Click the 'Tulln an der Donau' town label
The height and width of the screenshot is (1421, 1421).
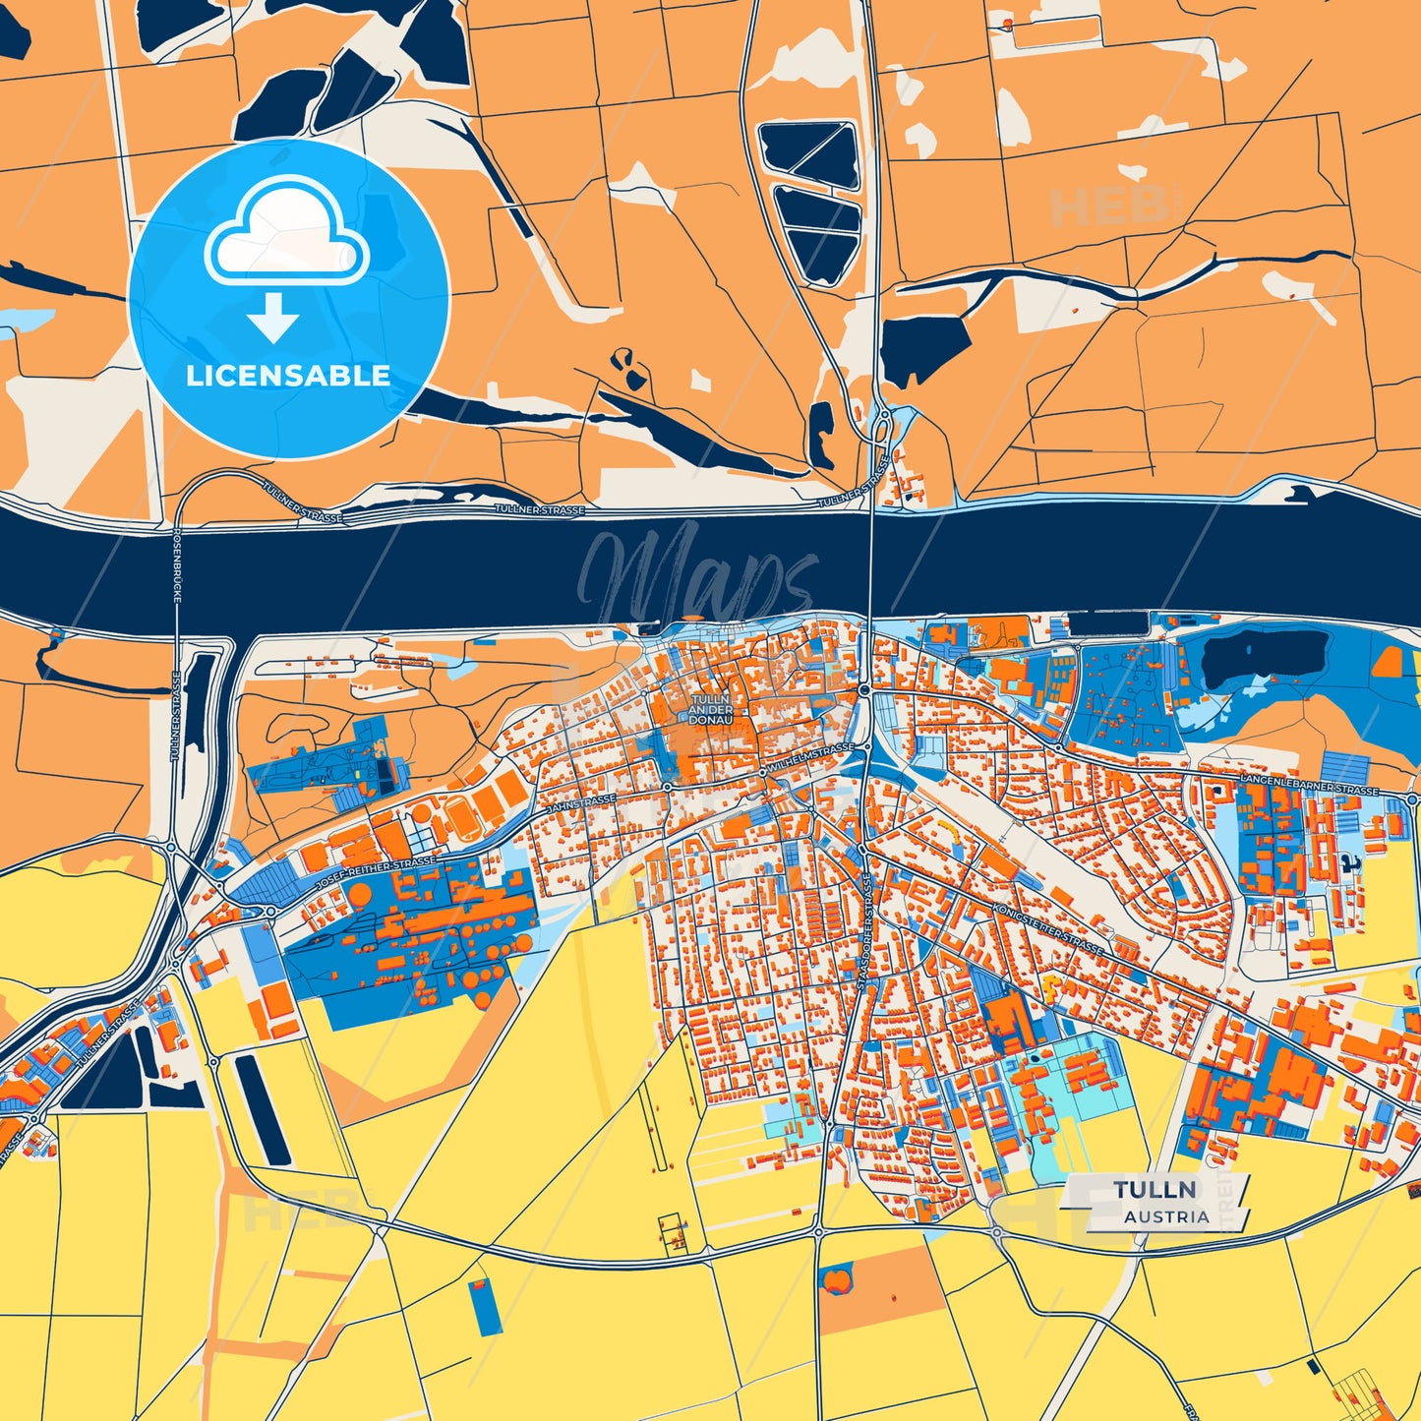(x=710, y=708)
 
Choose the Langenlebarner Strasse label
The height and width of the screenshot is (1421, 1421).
(x=1309, y=784)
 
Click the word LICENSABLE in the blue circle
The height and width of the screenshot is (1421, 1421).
(x=288, y=376)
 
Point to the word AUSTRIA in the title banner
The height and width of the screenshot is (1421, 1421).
(x=1166, y=1216)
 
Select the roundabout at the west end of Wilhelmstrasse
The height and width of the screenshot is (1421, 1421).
(x=666, y=787)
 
